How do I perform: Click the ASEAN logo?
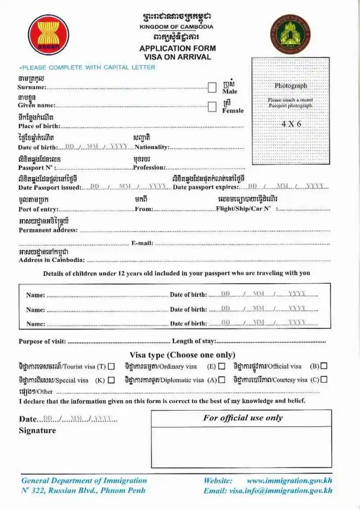[x=48, y=35]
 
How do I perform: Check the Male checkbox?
[x=212, y=87]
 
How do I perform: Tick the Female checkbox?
[x=212, y=107]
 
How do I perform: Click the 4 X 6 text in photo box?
[x=291, y=124]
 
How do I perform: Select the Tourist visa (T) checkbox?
[x=111, y=366]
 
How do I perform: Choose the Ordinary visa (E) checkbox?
[x=222, y=366]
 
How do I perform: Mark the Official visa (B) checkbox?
[x=324, y=366]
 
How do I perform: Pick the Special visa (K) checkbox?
[x=111, y=380]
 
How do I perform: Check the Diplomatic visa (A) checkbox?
[x=222, y=380]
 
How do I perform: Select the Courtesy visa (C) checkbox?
[x=324, y=379]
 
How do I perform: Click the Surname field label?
[x=31, y=87]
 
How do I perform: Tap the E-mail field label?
[x=142, y=243]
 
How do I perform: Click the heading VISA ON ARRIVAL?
[x=177, y=57]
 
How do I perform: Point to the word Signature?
[x=37, y=431]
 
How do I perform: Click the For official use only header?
[x=243, y=418]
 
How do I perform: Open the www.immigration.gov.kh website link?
[x=289, y=481]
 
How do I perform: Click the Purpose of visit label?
[x=42, y=342]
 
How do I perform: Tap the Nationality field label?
[x=152, y=147]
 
